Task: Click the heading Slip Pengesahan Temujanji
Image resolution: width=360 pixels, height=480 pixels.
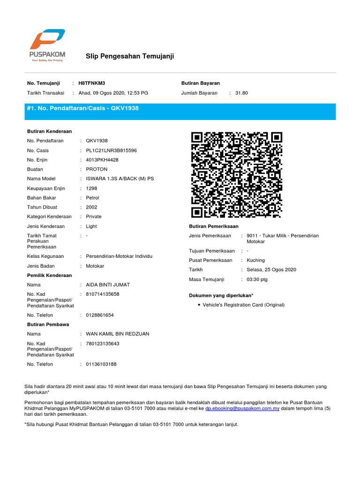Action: click(x=130, y=56)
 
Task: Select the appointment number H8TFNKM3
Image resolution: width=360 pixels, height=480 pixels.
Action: click(x=95, y=83)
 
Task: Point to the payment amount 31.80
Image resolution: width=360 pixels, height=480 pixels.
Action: click(x=241, y=93)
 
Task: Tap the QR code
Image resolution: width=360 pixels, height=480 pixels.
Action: click(x=237, y=174)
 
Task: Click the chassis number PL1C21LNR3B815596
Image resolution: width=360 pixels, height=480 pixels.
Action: click(x=112, y=150)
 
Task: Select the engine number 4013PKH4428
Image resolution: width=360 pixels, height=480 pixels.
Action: click(x=102, y=160)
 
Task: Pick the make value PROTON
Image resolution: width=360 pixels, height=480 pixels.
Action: click(x=97, y=169)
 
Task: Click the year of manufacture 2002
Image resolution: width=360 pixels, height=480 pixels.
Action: click(x=92, y=207)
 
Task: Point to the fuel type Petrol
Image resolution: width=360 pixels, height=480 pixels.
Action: click(x=93, y=198)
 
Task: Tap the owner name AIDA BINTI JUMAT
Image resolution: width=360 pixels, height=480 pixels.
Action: click(x=108, y=285)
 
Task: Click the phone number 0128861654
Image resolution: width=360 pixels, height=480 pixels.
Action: click(x=100, y=315)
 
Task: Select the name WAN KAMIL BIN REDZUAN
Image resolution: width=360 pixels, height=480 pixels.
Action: click(x=118, y=334)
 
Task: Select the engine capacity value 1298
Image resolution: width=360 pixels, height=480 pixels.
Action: click(x=92, y=188)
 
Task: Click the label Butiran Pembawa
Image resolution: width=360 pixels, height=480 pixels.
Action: click(x=48, y=324)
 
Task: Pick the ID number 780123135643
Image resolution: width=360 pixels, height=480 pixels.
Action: click(x=103, y=344)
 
